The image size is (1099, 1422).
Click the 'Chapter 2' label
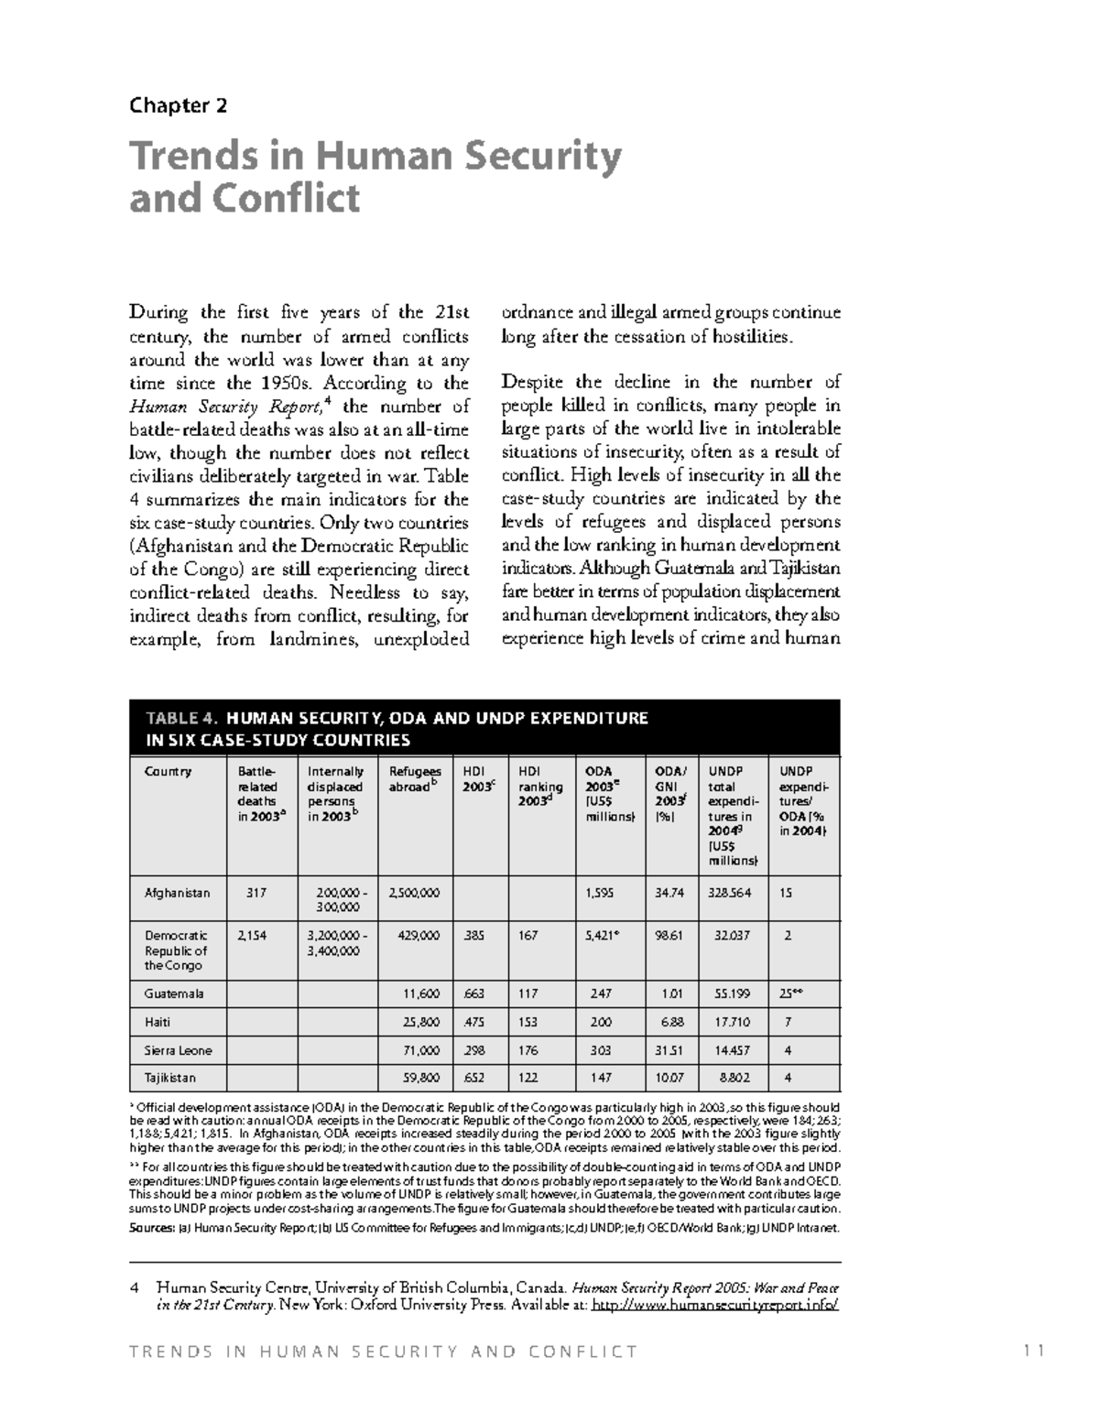pos(178,105)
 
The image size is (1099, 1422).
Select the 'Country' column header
pos(168,771)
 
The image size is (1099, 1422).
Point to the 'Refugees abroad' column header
pos(414,778)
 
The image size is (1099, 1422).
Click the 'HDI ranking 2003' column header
pos(539,786)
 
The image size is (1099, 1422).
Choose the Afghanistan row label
pos(177,892)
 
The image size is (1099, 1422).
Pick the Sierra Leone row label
pos(178,1050)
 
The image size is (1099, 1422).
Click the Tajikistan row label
pos(169,1078)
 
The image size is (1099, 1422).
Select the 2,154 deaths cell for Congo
pos(255,936)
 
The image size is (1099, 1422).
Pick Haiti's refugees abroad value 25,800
pos(421,1022)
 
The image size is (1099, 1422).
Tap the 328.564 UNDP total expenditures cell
pos(729,892)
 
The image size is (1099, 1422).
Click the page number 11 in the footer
pos(1035,1351)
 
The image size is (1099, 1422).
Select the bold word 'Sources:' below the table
pos(150,1228)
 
